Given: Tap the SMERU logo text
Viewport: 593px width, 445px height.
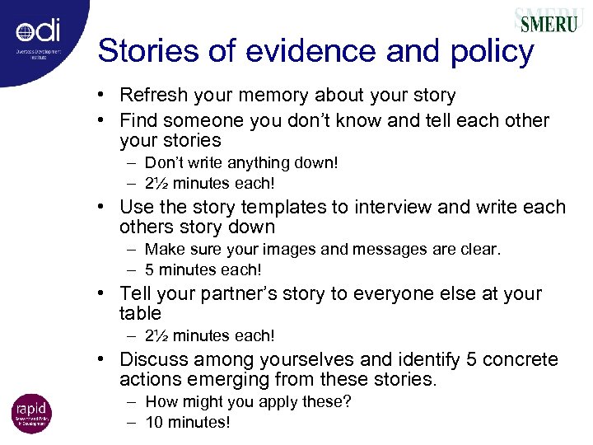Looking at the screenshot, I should [548, 22].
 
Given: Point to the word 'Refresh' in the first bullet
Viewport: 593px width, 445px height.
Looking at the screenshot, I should [151, 96].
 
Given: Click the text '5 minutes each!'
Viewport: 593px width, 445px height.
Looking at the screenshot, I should [203, 269].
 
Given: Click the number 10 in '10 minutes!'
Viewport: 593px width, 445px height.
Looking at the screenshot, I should [154, 423].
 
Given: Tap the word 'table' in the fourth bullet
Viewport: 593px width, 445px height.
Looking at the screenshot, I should [140, 313].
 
